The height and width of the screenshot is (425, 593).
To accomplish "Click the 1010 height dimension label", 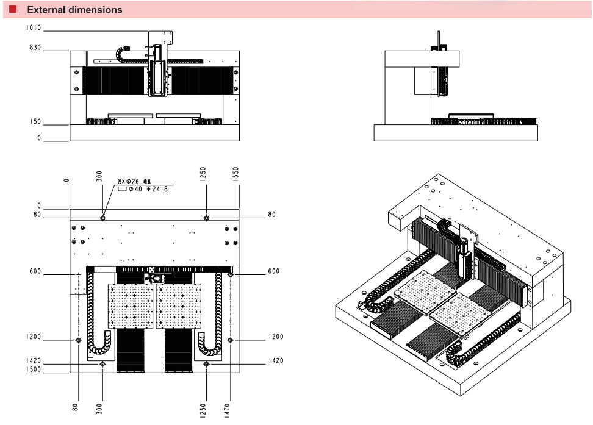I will point(33,28).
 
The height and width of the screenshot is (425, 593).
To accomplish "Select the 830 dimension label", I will point(35,48).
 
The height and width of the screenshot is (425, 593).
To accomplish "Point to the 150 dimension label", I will point(35,122).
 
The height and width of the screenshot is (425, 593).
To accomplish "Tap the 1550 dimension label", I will point(236,174).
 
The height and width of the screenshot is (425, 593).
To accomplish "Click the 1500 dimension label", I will point(33,370).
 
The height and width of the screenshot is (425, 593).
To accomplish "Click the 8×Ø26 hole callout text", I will point(130,181).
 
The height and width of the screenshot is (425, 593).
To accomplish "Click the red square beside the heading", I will point(13,9).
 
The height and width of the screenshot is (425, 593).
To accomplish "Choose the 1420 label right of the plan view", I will point(276,361).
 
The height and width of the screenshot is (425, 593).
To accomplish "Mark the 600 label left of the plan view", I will point(35,271).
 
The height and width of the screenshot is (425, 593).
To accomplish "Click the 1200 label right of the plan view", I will point(276,337).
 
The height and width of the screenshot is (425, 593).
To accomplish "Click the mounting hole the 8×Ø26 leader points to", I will point(102,218).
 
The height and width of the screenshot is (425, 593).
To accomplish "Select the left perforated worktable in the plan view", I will point(131,306).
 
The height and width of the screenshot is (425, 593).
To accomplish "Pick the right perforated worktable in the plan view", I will point(179,306).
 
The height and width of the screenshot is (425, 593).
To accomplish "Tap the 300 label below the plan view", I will point(99,409).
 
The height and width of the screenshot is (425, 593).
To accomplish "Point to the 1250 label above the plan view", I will point(203,174).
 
